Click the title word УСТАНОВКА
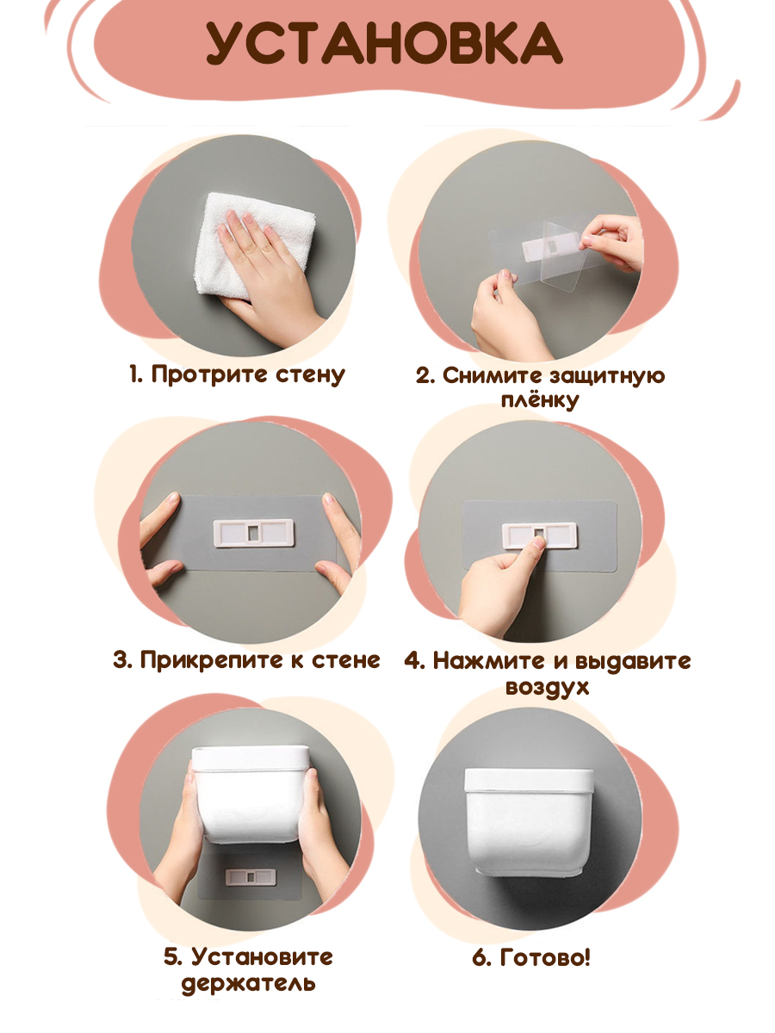(x=384, y=44)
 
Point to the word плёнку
(x=540, y=401)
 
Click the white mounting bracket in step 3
(x=254, y=533)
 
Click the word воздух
(x=548, y=687)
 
